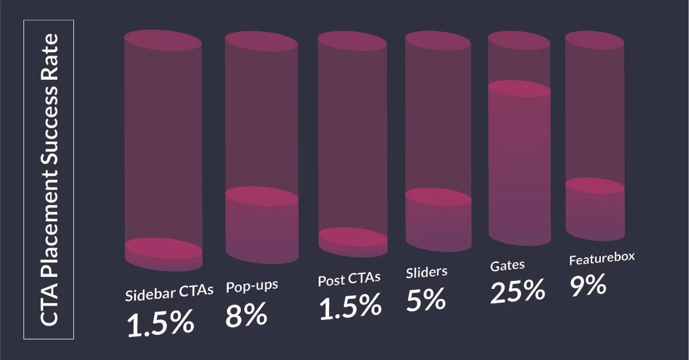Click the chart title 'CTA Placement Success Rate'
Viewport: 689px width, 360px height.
coord(48,179)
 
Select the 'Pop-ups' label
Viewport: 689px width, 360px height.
coord(252,285)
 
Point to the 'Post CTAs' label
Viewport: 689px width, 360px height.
coord(349,279)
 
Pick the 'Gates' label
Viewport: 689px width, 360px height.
coord(508,266)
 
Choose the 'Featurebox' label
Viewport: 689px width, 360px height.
coord(602,259)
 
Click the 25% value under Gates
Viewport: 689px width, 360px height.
coord(517,290)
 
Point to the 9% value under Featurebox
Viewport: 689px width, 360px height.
coord(588,285)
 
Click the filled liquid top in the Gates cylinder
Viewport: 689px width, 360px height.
coord(519,89)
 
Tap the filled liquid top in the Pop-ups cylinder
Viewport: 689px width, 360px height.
coord(261,196)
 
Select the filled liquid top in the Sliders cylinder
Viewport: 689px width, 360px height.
coord(438,196)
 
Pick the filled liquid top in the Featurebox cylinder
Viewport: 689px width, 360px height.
coord(594,186)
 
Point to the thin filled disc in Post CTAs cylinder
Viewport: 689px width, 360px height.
coord(353,237)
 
